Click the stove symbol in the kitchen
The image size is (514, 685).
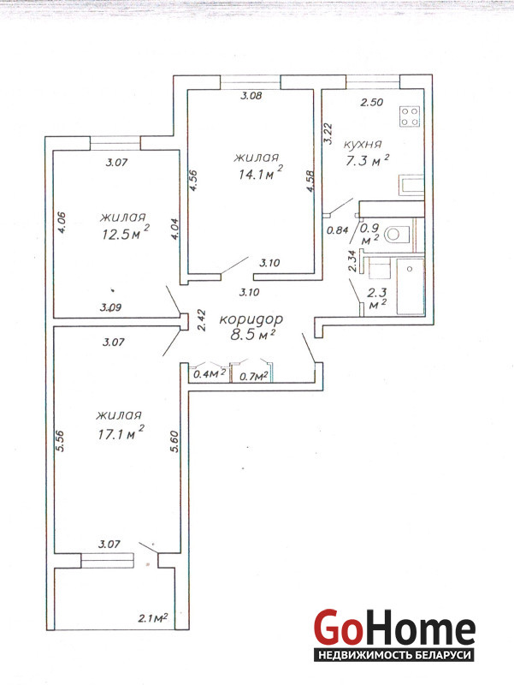[411, 116]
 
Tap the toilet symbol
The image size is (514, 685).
[397, 235]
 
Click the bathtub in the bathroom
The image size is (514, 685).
[411, 286]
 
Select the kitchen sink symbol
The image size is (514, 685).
[411, 185]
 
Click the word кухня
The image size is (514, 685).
[363, 144]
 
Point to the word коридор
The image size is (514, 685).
[251, 319]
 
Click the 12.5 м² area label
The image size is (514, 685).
[126, 233]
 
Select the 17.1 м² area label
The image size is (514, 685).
[121, 433]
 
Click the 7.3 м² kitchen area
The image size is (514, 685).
[367, 161]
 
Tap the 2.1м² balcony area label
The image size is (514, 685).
[153, 618]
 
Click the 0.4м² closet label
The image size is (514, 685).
[210, 374]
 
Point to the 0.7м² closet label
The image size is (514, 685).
[253, 376]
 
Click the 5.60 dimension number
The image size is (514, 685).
[175, 442]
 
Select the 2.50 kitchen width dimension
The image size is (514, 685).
[371, 102]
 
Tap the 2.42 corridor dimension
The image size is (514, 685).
[201, 320]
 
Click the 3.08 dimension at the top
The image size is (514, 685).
[251, 96]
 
